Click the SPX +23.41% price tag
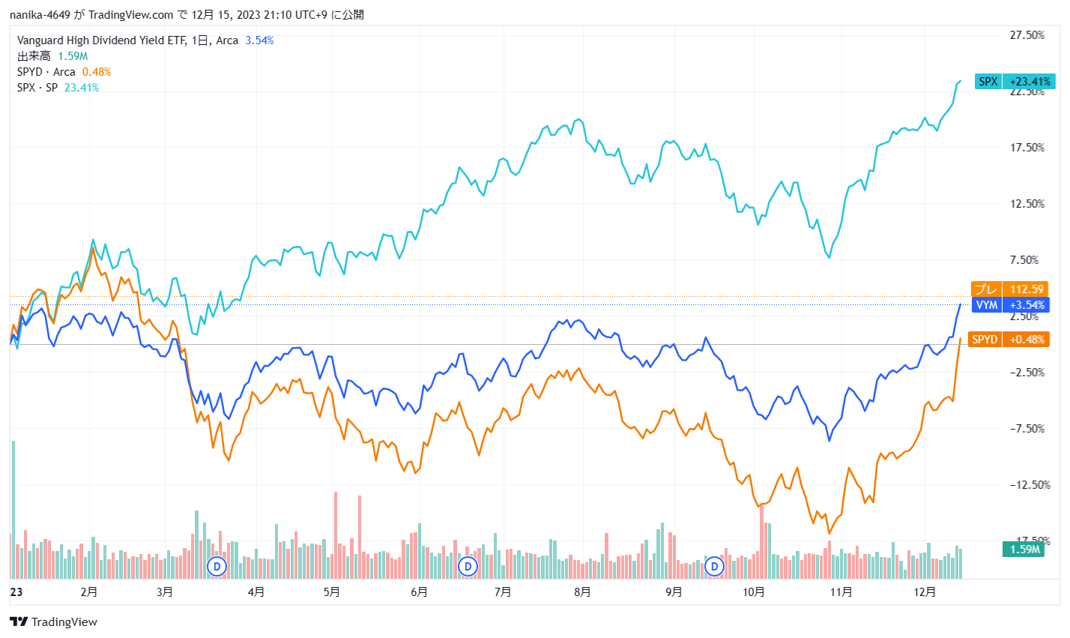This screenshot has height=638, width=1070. (1015, 82)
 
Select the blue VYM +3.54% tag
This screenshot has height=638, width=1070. (1011, 305)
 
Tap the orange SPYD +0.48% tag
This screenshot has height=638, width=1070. (1009, 340)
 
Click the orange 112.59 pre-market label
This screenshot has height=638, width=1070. (1009, 289)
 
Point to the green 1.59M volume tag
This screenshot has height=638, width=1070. (1024, 550)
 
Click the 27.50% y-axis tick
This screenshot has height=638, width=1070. (1027, 35)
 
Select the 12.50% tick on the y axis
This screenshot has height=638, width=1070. (1027, 204)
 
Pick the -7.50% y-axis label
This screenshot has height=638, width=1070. (1027, 429)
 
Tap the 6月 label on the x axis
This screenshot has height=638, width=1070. (419, 592)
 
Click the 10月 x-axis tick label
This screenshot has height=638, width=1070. (754, 592)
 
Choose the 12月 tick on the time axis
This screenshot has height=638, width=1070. (925, 592)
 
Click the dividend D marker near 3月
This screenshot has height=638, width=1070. (217, 566)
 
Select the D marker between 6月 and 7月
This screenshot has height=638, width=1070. (468, 566)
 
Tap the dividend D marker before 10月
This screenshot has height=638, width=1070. (715, 566)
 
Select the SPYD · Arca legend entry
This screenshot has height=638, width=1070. (46, 72)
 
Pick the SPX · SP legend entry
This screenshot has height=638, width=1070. (37, 88)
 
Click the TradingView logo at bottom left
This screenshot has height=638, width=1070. (54, 622)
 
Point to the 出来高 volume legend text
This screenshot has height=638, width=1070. (34, 56)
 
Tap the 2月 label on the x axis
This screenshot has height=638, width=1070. (88, 592)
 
